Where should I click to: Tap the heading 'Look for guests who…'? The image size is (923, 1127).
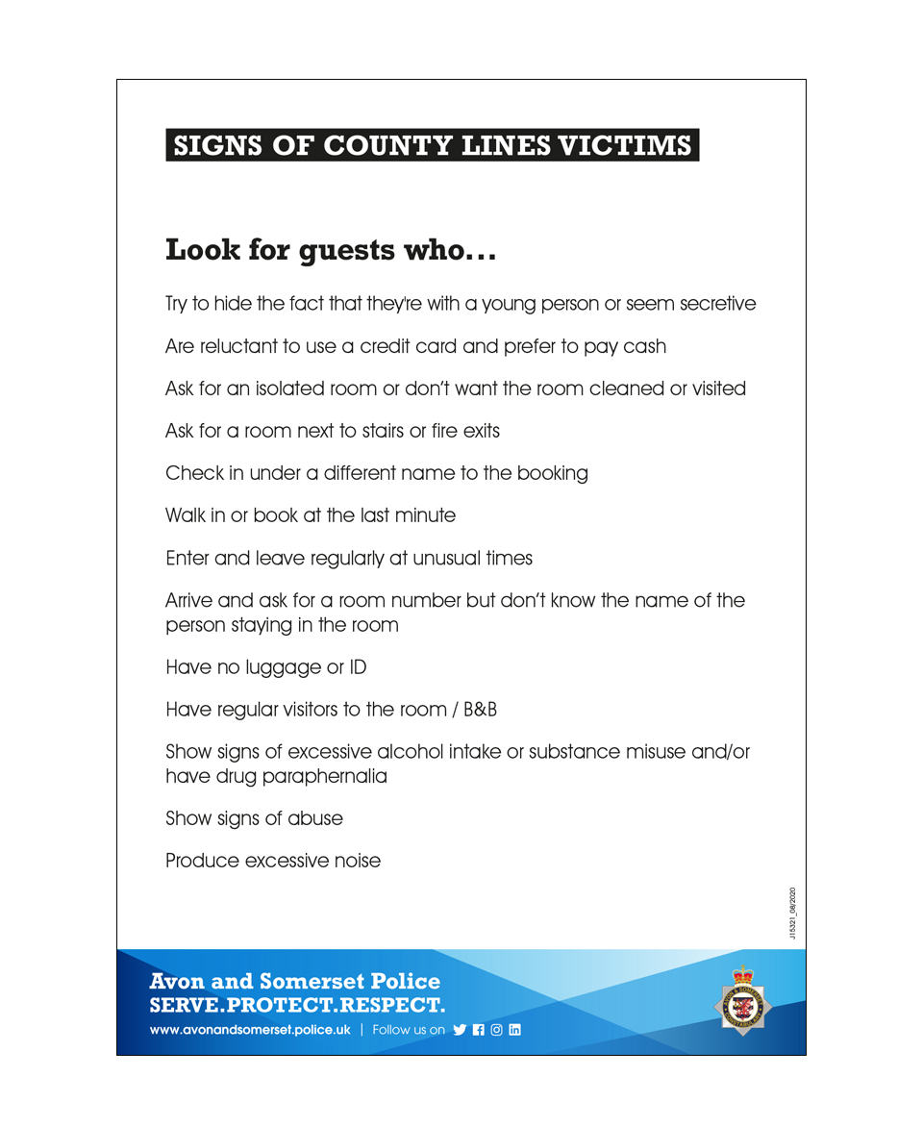(x=331, y=251)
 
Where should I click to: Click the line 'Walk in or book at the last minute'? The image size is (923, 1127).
(x=311, y=515)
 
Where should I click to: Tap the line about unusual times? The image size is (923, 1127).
(x=349, y=558)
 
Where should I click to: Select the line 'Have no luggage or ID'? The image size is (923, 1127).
(x=266, y=667)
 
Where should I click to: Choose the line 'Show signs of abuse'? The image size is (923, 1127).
(x=254, y=819)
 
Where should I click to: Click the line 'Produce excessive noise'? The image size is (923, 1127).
(x=273, y=862)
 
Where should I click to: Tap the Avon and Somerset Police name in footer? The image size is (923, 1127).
(x=295, y=982)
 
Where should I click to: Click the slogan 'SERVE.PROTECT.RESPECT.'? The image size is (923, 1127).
(x=298, y=1006)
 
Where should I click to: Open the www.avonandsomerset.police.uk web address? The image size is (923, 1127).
(x=250, y=1030)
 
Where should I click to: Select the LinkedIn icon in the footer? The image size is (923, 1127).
(x=514, y=1030)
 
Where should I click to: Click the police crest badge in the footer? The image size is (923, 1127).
(x=742, y=1000)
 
